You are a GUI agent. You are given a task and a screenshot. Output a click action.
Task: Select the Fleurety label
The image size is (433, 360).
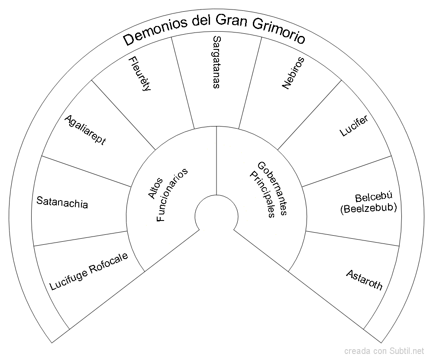click(x=139, y=74)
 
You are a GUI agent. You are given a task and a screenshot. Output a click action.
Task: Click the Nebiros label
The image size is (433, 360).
click(x=293, y=73)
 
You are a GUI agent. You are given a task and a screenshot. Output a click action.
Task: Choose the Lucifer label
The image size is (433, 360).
click(x=354, y=126)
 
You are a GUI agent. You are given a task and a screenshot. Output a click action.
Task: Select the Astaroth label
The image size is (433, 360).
click(x=364, y=280)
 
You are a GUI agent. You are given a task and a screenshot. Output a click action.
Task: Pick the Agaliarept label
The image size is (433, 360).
click(x=85, y=130)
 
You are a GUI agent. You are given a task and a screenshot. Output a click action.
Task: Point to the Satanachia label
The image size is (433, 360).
click(x=62, y=202)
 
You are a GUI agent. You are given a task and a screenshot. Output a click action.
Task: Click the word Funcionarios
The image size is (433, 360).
click(x=172, y=195)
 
